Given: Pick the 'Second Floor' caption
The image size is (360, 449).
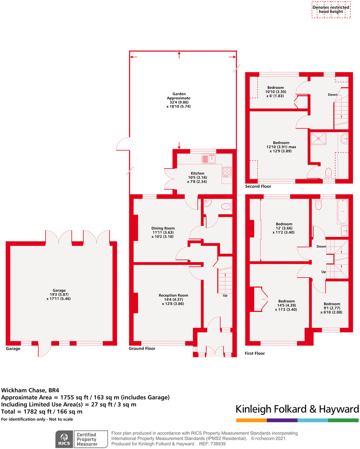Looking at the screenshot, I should (259, 186).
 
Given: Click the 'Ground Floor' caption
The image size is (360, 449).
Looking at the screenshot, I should (142, 349).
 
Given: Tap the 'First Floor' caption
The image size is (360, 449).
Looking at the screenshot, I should (255, 353).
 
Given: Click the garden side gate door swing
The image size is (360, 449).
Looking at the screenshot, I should (123, 144).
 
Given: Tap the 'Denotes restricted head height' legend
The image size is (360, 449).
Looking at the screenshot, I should (331, 9).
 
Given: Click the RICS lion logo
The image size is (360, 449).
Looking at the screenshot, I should (65, 439).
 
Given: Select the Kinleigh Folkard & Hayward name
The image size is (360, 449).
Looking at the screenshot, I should (297, 409).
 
